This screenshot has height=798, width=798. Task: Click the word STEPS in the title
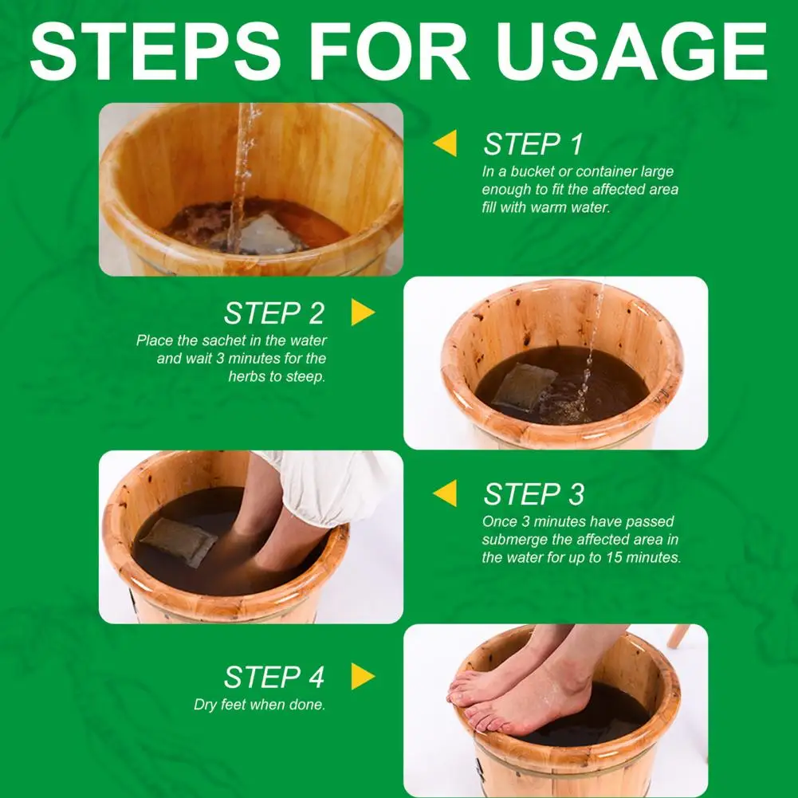[155, 50]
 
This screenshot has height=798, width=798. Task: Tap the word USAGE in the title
[632, 50]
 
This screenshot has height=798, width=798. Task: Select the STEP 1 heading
[533, 144]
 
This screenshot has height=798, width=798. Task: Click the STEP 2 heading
[273, 313]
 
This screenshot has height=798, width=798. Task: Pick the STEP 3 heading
[534, 494]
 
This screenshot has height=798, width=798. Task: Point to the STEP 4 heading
[273, 678]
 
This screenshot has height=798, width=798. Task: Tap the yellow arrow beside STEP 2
[363, 312]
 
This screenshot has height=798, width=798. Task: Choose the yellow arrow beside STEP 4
[363, 676]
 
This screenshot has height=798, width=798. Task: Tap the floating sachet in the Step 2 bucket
[525, 387]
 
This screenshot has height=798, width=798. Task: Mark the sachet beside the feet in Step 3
[179, 541]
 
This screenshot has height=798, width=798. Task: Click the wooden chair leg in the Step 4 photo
[679, 636]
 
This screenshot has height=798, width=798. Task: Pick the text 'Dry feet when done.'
[260, 705]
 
